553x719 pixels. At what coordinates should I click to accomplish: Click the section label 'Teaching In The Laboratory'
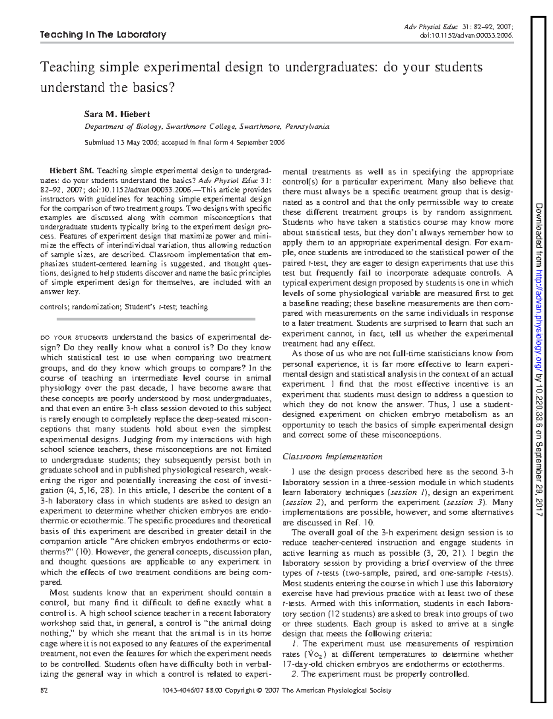103,35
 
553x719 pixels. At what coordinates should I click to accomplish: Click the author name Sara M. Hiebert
117,114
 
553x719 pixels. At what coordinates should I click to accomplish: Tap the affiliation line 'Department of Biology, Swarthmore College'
206,126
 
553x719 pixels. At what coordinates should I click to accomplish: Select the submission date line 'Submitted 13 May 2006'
184,142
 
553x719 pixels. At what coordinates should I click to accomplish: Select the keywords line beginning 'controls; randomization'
124,306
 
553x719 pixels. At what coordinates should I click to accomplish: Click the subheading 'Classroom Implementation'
332,457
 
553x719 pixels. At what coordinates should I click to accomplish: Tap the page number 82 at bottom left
44,690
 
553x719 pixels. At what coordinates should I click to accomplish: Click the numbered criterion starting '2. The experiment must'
380,674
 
